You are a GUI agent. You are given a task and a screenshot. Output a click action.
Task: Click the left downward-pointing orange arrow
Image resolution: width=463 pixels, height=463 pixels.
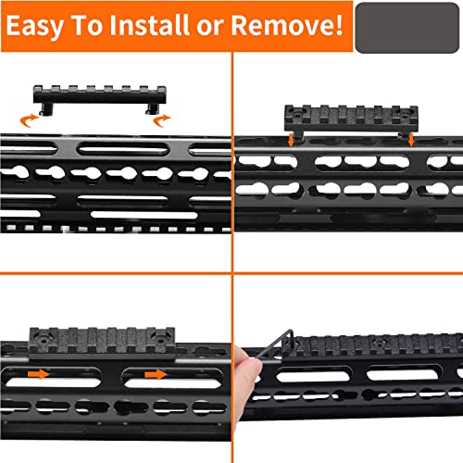coord(291,140)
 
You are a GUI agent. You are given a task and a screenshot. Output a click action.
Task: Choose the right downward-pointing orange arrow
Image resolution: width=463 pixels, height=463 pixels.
coord(407,139)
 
